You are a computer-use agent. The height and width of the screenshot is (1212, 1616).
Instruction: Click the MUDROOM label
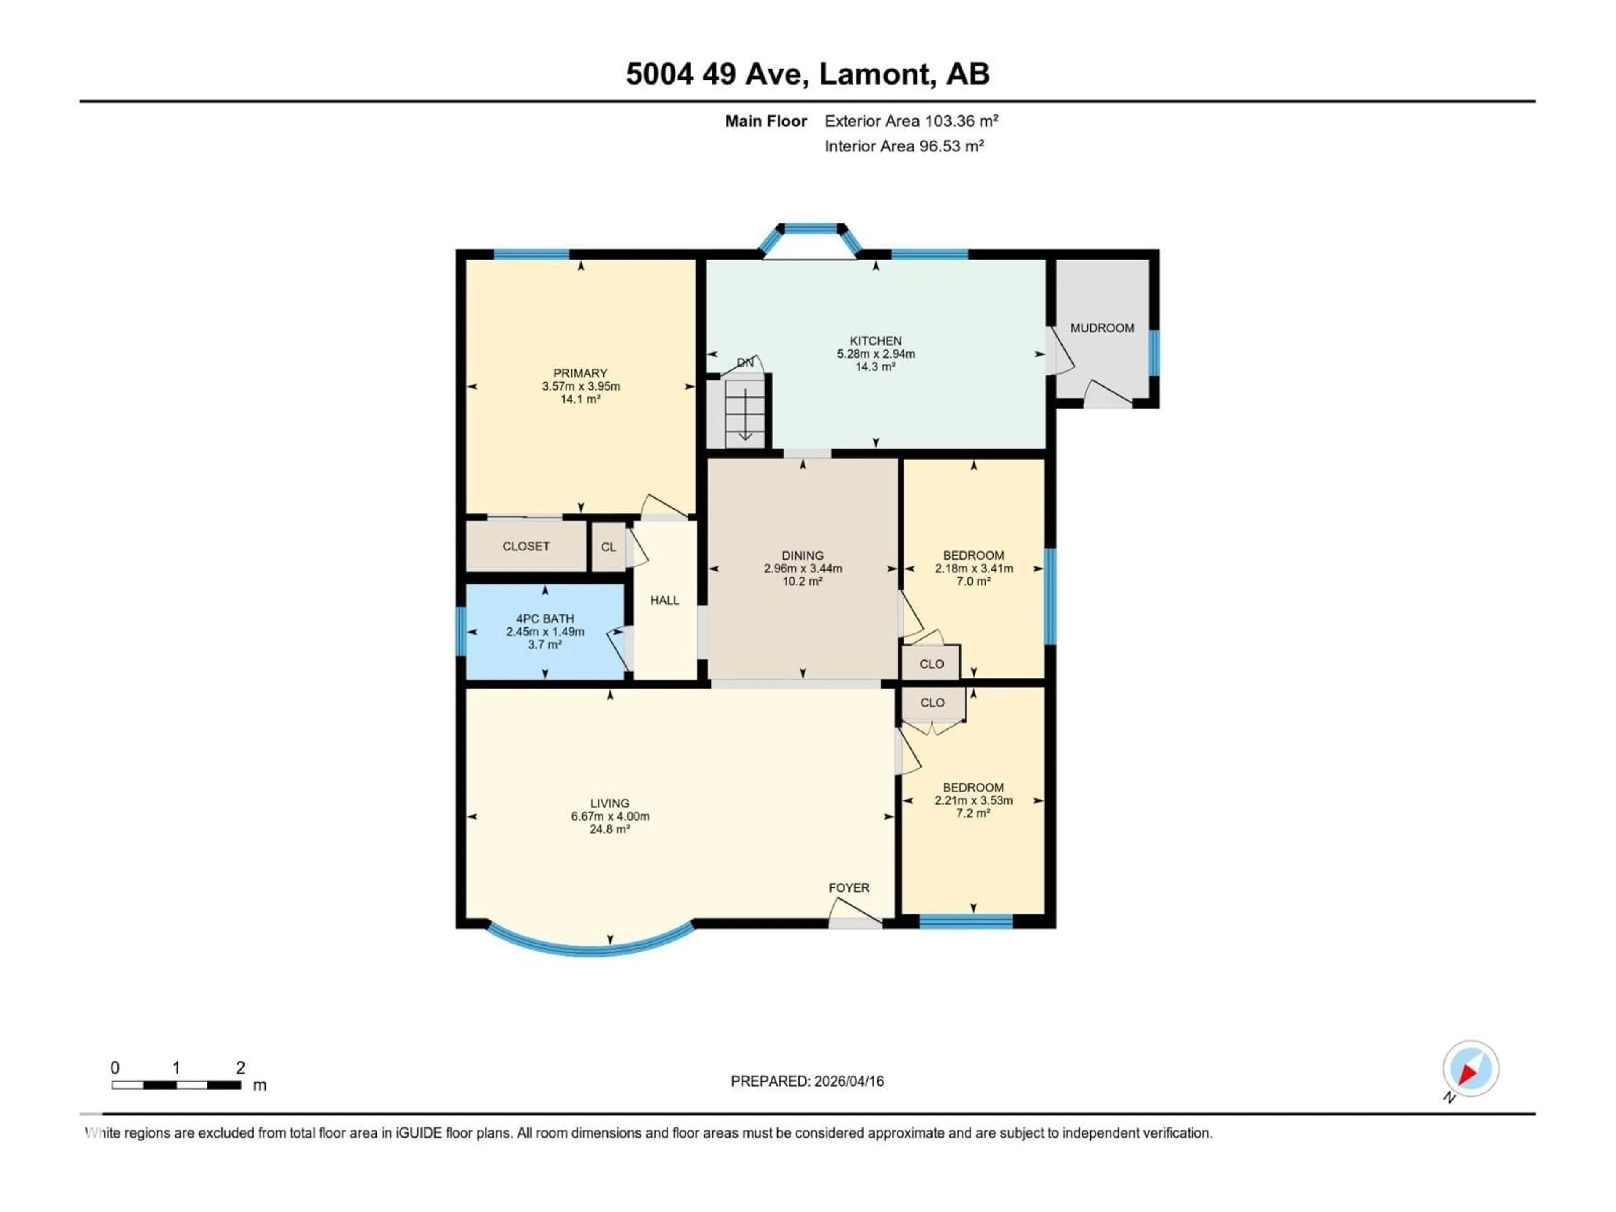point(1102,328)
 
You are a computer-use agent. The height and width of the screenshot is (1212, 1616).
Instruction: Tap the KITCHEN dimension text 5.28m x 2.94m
point(875,353)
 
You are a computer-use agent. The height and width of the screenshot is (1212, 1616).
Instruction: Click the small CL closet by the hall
point(608,547)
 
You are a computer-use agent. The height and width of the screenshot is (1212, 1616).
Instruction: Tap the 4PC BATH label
point(545,618)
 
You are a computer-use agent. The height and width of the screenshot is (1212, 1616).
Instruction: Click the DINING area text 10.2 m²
point(802,582)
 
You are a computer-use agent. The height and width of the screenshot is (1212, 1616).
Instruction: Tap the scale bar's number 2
point(240,1067)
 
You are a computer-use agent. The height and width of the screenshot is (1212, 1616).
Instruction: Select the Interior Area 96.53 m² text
point(904,146)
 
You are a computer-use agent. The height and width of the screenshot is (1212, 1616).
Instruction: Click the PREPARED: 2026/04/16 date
point(807,1081)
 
